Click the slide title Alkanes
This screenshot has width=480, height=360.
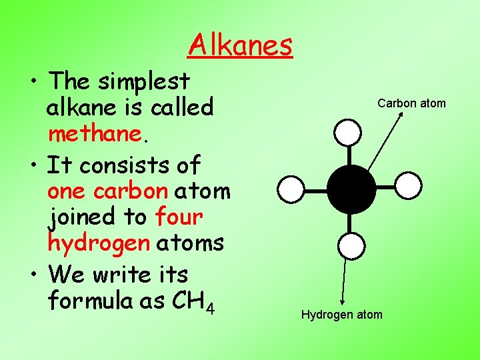[240, 45]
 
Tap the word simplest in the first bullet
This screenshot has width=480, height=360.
[143, 81]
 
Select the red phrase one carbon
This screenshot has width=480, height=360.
[107, 191]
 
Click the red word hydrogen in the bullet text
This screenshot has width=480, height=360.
[99, 243]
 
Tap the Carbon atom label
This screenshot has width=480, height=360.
[411, 103]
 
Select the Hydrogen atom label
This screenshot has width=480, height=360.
[341, 315]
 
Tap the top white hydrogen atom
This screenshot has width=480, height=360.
[347, 132]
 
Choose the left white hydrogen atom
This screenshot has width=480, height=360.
[291, 189]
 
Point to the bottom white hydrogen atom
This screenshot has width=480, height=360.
[351, 246]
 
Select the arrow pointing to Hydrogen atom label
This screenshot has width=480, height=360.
[344, 283]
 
